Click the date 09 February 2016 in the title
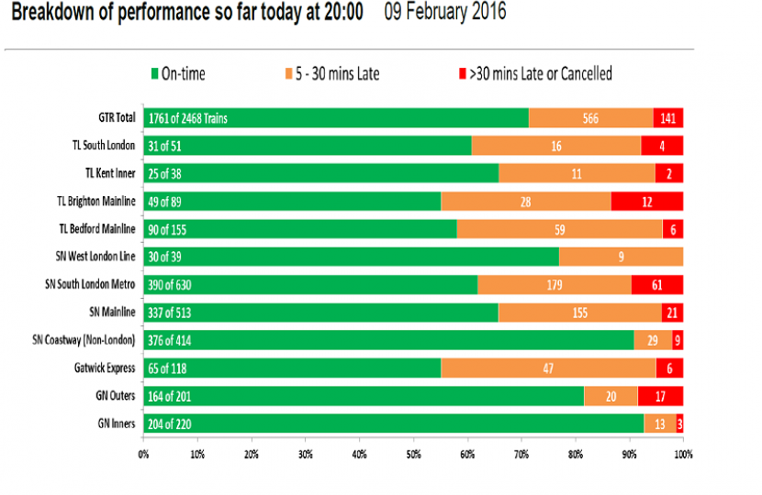446,15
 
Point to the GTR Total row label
117,117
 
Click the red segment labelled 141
667,117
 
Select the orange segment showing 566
590,117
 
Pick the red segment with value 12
646,201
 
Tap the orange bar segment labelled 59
559,228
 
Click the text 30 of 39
165,257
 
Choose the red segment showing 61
656,284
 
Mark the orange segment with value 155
579,313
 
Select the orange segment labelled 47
548,368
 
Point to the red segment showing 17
659,396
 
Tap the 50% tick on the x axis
413,452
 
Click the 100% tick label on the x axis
682,452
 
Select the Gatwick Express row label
108,368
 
